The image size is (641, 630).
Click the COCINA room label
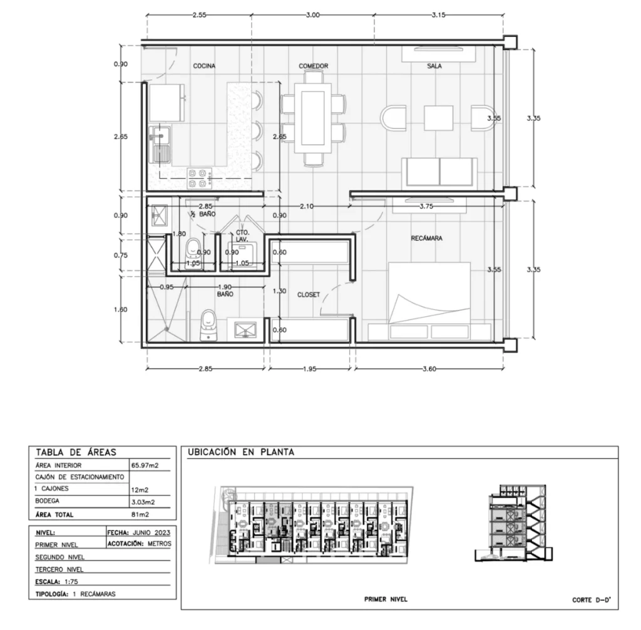click(204, 66)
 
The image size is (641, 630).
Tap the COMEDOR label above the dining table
click(313, 66)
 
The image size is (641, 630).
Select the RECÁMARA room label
click(426, 238)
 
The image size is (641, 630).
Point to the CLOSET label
click(308, 294)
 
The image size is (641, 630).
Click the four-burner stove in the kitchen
click(200, 178)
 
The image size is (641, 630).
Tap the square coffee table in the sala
click(438, 118)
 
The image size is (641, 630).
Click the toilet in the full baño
click(208, 325)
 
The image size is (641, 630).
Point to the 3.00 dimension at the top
click(312, 15)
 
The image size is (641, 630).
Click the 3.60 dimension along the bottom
click(429, 369)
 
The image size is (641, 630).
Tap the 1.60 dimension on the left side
click(121, 310)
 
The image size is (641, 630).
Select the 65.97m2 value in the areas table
click(145, 465)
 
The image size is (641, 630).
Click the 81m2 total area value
click(140, 515)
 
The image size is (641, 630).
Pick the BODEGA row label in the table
click(47, 501)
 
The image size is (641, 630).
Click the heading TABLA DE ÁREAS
click(76, 452)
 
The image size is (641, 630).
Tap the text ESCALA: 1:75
click(56, 582)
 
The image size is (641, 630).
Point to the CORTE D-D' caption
click(592, 600)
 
